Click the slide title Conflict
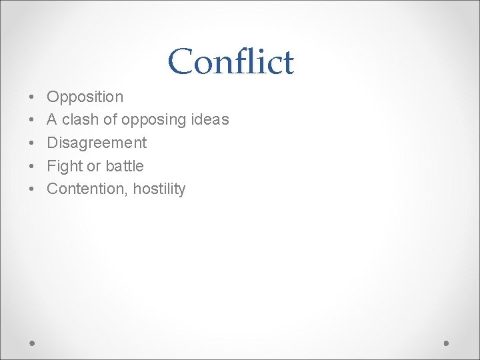231,61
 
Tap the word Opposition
85,97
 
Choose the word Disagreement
97,143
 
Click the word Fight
65,166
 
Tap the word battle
125,166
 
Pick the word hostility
159,189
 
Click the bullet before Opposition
33,97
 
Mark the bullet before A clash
33,120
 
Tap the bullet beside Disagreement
33,143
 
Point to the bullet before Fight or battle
33,166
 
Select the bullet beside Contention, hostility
33,189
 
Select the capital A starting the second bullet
52,120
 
